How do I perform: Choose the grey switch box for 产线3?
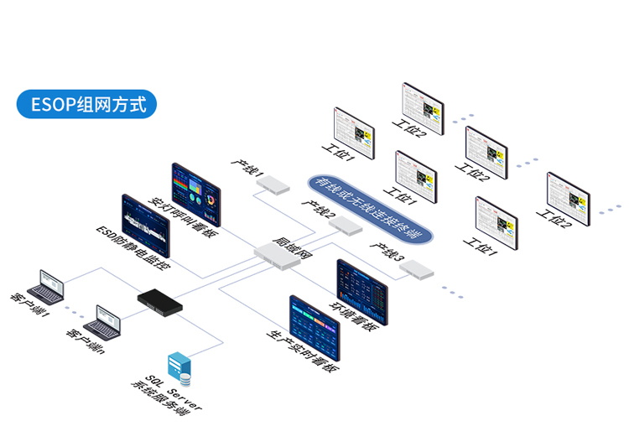click(x=417, y=268)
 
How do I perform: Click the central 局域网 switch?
click(x=277, y=256)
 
